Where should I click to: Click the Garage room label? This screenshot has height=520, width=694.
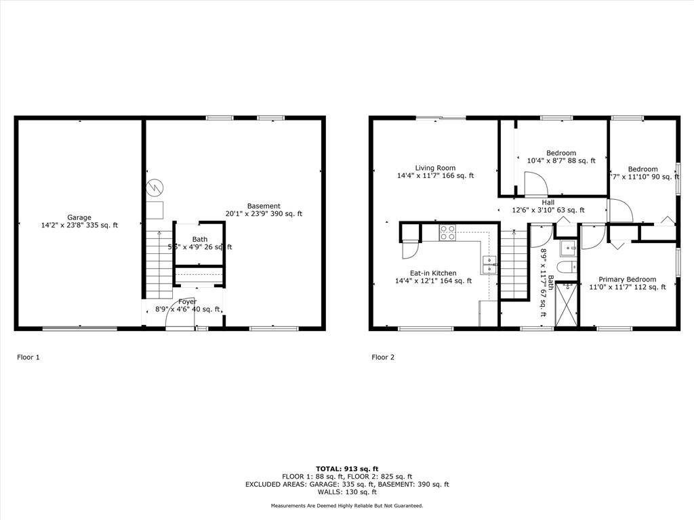[x=79, y=217]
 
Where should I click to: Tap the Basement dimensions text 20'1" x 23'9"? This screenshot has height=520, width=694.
[x=247, y=214]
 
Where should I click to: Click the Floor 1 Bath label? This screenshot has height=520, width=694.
[x=199, y=239]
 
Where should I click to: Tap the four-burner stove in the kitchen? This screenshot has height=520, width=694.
[x=448, y=233]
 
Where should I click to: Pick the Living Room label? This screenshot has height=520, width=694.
[x=435, y=168]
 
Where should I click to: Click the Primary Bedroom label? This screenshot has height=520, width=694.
[x=627, y=279]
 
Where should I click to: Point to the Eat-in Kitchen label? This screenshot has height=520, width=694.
[x=434, y=273]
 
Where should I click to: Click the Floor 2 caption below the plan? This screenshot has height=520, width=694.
[x=382, y=357]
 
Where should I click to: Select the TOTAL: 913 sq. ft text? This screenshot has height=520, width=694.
[x=346, y=468]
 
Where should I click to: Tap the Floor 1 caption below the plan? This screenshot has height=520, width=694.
[x=28, y=357]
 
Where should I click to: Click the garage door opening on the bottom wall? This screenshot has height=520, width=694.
[x=79, y=329]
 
